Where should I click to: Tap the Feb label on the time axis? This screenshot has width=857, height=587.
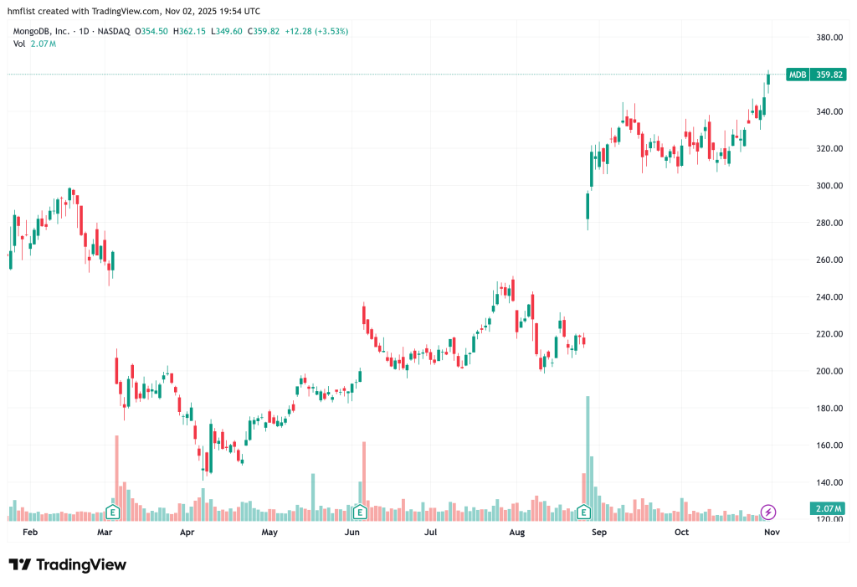tap(30, 532)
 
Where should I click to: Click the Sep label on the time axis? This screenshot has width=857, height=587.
tap(598, 532)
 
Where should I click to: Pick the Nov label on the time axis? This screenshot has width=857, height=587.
tap(772, 532)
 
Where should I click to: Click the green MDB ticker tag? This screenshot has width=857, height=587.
tap(798, 75)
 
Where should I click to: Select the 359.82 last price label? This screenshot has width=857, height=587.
tap(830, 75)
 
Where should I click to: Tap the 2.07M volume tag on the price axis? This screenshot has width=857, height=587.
tap(829, 509)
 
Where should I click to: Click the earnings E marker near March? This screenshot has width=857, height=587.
tap(112, 511)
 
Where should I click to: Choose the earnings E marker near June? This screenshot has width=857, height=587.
tap(359, 511)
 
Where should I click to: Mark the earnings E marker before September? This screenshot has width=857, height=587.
tap(584, 511)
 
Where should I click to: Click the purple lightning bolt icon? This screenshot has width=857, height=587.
tap(768, 511)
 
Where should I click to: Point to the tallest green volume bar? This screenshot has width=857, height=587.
tap(588, 452)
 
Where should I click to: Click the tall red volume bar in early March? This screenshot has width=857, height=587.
tap(116, 473)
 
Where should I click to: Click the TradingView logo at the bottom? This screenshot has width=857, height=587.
tap(69, 565)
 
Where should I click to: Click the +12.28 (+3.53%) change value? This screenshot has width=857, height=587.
tap(316, 31)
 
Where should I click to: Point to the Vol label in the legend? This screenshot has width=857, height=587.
tap(18, 44)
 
